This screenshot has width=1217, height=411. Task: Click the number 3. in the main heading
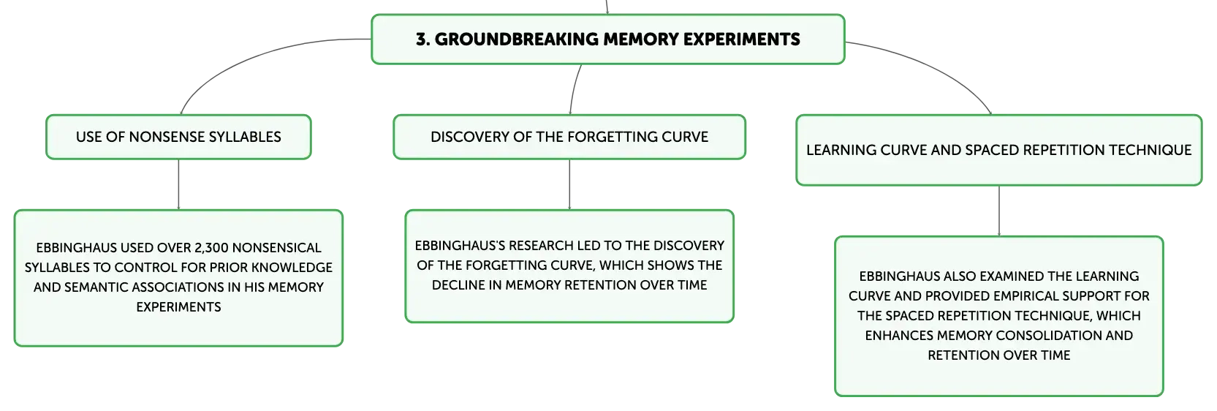(x=422, y=39)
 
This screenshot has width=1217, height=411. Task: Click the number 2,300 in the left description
(x=211, y=248)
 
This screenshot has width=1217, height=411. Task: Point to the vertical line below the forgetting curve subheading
(x=569, y=184)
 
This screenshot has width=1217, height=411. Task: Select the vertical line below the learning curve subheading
(x=999, y=211)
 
